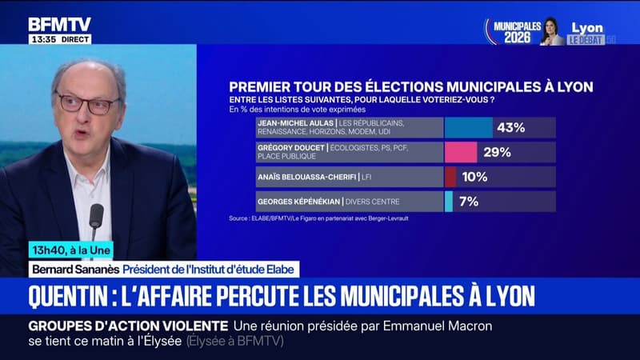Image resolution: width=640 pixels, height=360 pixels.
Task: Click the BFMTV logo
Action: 59,24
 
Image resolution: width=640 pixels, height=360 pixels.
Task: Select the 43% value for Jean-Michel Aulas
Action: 510,127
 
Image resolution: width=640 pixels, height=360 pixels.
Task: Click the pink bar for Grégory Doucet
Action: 461,152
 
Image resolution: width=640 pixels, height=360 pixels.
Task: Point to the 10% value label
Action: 474,177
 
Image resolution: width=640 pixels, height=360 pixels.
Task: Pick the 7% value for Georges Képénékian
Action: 469,202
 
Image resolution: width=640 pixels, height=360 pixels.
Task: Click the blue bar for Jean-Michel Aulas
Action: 469,127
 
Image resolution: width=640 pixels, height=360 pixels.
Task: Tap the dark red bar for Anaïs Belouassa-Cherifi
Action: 450,177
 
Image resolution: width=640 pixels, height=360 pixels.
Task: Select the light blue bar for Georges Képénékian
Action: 448,202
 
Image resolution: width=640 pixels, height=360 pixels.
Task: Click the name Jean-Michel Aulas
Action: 294,123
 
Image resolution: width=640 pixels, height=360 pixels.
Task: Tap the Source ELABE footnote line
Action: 318,218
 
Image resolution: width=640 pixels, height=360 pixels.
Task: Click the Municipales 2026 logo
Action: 512,31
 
